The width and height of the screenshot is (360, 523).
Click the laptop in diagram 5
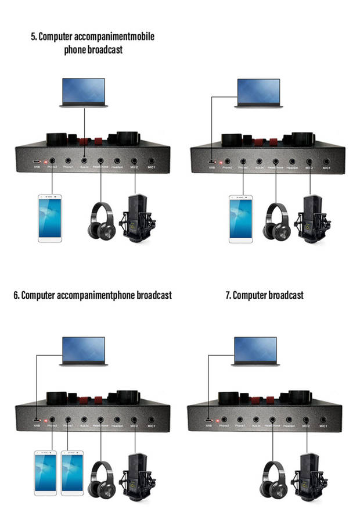tap(84, 92)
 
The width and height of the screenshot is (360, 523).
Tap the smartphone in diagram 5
tap(50, 218)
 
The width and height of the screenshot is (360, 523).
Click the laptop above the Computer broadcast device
tap(255, 350)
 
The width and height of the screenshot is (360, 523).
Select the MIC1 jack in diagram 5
tap(152, 159)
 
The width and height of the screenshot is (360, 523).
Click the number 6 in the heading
tap(16, 295)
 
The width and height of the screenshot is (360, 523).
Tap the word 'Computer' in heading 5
tap(59, 37)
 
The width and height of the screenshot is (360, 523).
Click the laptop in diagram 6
tap(84, 350)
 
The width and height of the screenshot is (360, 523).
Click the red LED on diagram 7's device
tap(219, 419)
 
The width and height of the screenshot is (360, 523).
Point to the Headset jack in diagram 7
tap(289, 418)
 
